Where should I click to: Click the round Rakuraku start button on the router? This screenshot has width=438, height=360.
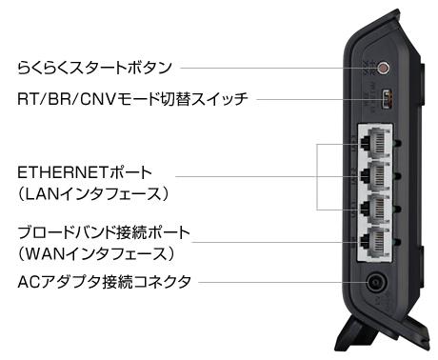(384, 68)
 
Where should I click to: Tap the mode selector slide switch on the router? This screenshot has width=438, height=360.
(388, 99)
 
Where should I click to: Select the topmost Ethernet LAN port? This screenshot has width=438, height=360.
(375, 143)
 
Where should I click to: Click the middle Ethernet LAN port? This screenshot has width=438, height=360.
(375, 176)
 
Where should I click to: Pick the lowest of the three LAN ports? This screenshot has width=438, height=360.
(375, 210)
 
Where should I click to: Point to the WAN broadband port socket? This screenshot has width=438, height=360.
(375, 243)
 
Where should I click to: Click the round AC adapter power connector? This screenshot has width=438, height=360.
(377, 282)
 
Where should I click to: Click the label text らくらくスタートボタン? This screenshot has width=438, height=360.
(94, 67)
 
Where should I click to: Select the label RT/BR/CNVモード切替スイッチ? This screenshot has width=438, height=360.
(132, 99)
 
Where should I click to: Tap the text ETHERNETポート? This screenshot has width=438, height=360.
(85, 172)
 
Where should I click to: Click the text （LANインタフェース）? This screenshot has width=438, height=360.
(92, 193)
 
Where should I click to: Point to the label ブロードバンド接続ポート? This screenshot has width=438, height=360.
(104, 232)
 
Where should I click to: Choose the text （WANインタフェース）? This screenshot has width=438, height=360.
(96, 253)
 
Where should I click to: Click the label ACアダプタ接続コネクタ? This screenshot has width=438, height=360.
(105, 282)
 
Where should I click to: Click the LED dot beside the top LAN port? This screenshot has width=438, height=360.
(397, 144)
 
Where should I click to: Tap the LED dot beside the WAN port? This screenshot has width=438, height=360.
(397, 243)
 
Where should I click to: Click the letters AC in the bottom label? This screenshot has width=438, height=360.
(30, 282)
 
